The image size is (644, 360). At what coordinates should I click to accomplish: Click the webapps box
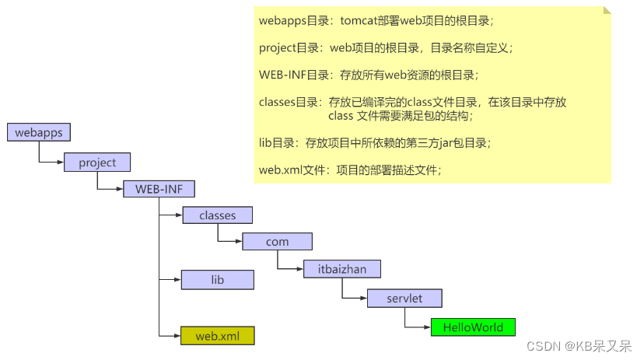(x=39, y=132)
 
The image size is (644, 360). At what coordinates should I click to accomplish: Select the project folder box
(x=97, y=162)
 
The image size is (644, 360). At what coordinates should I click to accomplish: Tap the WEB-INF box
(x=159, y=189)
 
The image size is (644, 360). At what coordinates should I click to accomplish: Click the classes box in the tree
(x=217, y=214)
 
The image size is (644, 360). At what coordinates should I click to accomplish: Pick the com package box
(x=277, y=241)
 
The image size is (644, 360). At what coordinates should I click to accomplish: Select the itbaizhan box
(x=342, y=269)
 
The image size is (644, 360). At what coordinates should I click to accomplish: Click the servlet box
(x=404, y=298)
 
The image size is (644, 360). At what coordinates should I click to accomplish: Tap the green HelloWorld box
(x=473, y=327)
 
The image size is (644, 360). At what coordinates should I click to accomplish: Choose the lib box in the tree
(x=217, y=279)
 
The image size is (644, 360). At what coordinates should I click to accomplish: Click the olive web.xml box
(x=217, y=336)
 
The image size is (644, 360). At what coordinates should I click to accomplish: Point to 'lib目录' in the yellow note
(x=278, y=143)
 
